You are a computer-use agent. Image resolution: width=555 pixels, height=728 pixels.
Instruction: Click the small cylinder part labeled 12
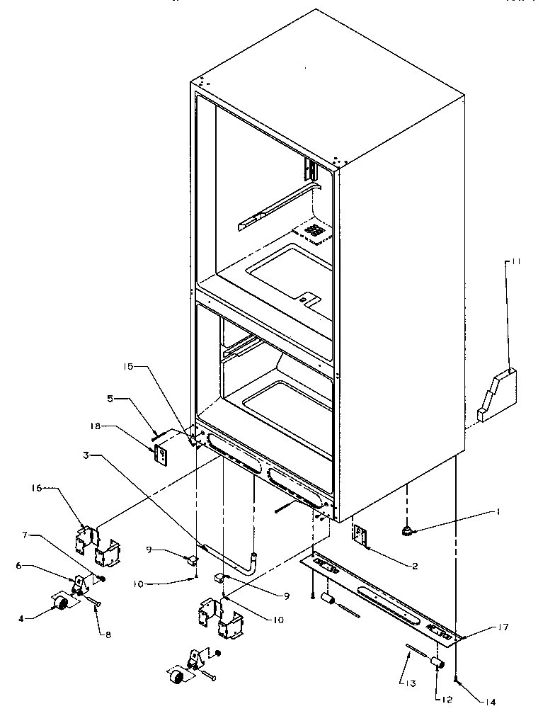[437, 664]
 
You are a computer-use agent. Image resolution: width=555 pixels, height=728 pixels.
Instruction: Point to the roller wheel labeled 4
[59, 603]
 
